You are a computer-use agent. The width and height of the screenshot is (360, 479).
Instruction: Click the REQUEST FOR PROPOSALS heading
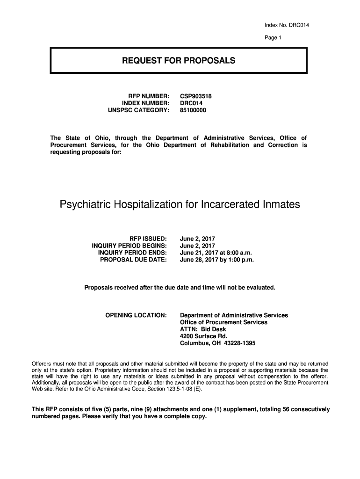point(179,61)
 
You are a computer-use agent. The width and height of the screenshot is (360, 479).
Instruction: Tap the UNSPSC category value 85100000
point(193,110)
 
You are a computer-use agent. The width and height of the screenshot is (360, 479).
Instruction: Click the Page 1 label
point(273,38)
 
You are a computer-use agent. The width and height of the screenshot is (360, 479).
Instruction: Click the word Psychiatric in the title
point(87,205)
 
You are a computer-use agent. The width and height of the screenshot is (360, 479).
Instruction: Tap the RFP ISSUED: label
point(144,238)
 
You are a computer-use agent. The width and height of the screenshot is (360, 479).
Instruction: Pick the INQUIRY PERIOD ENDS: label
point(132,253)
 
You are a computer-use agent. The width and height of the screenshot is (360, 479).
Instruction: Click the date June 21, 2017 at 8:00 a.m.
point(216,253)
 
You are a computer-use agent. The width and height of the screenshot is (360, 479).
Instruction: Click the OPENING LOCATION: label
point(136,315)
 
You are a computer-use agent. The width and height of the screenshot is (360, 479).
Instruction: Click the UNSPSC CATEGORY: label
point(137,110)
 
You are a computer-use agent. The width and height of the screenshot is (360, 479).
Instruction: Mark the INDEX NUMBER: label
point(145,103)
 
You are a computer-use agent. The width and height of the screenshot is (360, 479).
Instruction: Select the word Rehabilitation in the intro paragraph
point(226,145)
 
